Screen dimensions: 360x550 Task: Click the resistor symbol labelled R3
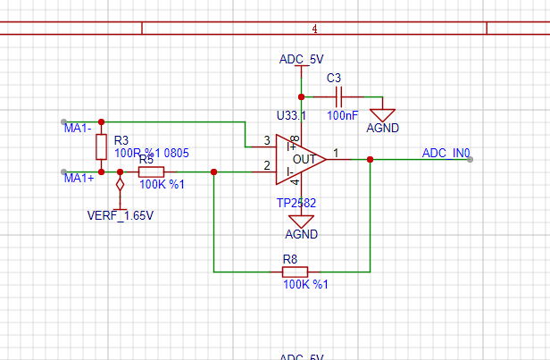[x=101, y=147]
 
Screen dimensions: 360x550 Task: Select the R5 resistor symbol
[x=151, y=172]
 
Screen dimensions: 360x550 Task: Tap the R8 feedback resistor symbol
[x=295, y=271]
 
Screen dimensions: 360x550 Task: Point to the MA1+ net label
[x=79, y=179]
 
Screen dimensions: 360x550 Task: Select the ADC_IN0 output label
[x=446, y=153]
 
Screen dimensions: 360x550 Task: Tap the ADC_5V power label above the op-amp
[x=301, y=60]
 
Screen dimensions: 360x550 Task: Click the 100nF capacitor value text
[x=343, y=115]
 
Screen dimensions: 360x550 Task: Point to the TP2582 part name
[x=296, y=203]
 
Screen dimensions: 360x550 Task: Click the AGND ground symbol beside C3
[x=383, y=114]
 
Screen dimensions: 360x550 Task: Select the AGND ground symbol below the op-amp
[x=301, y=222]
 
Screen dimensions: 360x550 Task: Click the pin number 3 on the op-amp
[x=267, y=141]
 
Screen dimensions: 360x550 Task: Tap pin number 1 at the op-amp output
[x=336, y=152]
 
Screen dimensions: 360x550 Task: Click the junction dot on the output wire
[x=370, y=159]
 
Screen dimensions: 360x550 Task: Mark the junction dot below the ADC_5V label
[x=301, y=96]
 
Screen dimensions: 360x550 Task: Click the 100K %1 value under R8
[x=305, y=284]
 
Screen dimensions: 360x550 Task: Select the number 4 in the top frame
[x=314, y=29]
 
